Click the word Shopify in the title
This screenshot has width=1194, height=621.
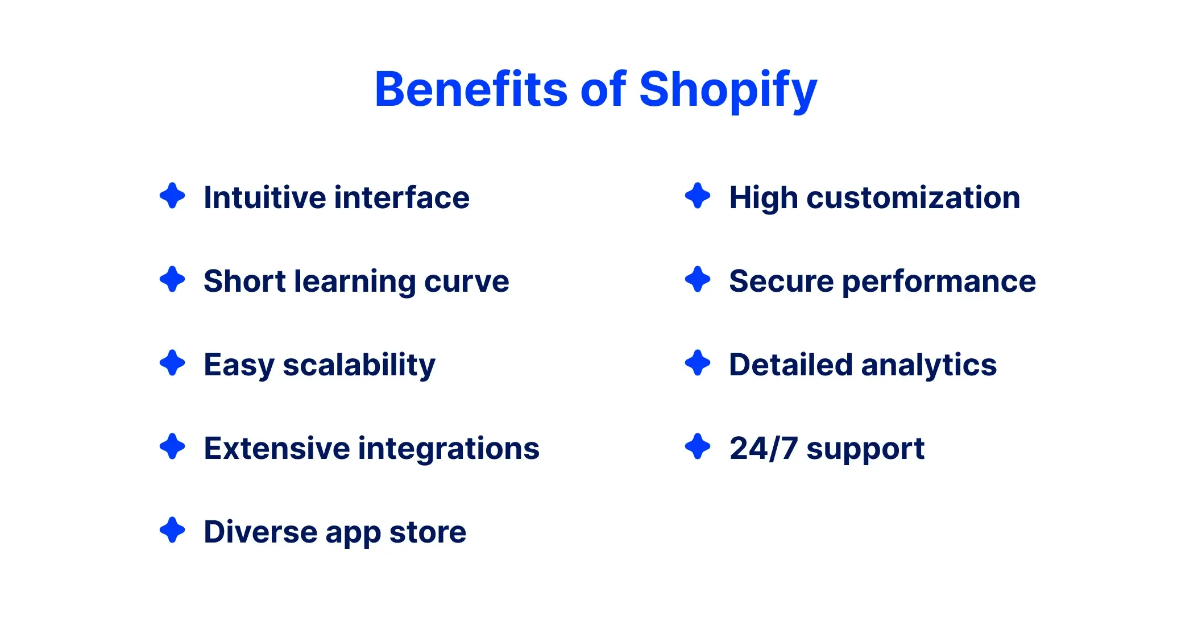pyautogui.click(x=728, y=90)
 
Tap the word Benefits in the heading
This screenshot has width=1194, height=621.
pyautogui.click(x=471, y=90)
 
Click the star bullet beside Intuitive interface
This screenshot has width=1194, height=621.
pyautogui.click(x=172, y=196)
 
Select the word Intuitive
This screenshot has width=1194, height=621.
pyautogui.click(x=265, y=197)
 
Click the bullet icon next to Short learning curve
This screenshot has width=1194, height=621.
pyautogui.click(x=172, y=279)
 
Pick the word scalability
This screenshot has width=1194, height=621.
pyautogui.click(x=359, y=365)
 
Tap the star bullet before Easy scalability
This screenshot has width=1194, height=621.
pyautogui.click(x=172, y=363)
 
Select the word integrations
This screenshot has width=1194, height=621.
pyautogui.click(x=449, y=448)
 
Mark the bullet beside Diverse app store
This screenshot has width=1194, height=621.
pyautogui.click(x=172, y=530)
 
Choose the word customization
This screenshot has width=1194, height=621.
pyautogui.click(x=913, y=197)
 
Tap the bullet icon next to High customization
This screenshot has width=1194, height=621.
pyautogui.click(x=698, y=196)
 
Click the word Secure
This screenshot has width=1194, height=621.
pyautogui.click(x=781, y=281)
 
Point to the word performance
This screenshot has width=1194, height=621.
pyautogui.click(x=939, y=281)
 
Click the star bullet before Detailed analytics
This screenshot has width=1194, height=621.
pyautogui.click(x=698, y=363)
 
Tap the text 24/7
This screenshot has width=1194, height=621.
pyautogui.click(x=763, y=448)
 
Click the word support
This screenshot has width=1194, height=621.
pyautogui.click(x=865, y=449)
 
